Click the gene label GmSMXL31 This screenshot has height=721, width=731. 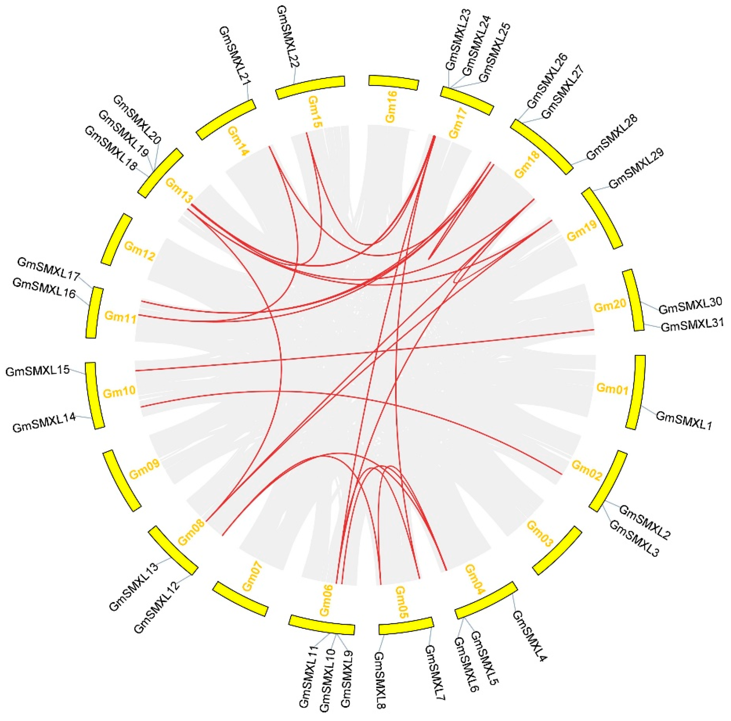(692, 325)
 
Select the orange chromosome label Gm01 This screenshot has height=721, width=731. (612, 389)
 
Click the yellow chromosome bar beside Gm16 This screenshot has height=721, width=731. (394, 83)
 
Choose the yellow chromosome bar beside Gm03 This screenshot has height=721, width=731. (557, 550)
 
